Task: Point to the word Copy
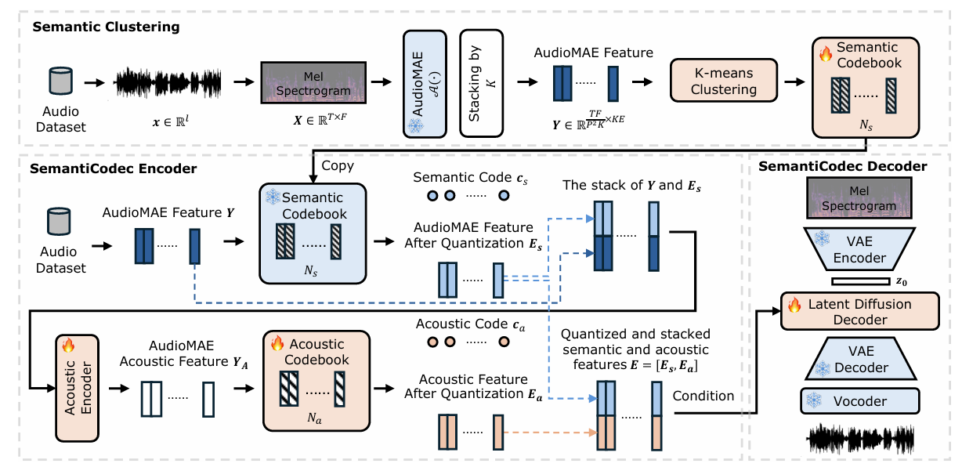tap(338, 167)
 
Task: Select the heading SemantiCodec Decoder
tap(843, 166)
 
